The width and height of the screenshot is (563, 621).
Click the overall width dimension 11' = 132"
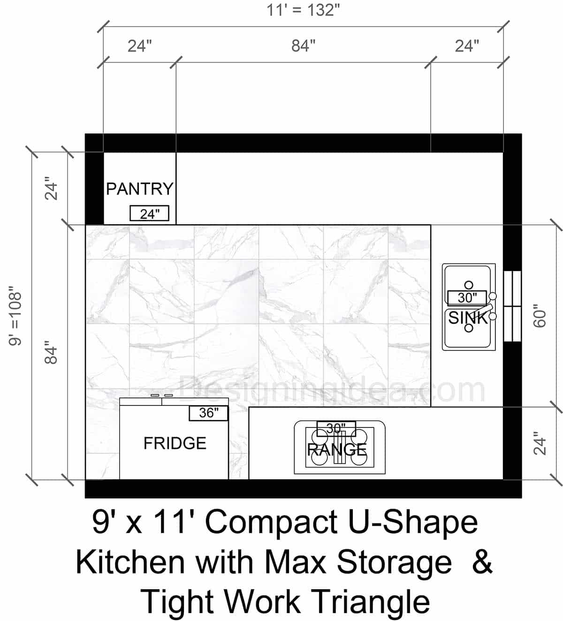pyautogui.click(x=303, y=10)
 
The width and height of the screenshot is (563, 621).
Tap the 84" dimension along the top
pyautogui.click(x=303, y=46)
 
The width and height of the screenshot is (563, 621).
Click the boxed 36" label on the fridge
pyautogui.click(x=209, y=413)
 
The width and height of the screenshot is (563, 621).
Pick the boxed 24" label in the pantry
pyautogui.click(x=149, y=214)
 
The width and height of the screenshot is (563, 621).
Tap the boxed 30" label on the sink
pyautogui.click(x=467, y=297)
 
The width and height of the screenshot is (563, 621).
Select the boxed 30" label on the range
pyautogui.click(x=336, y=428)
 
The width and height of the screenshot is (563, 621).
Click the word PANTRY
pyautogui.click(x=139, y=189)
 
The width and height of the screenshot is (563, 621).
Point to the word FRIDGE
pyautogui.click(x=175, y=443)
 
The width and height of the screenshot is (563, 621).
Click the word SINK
pyautogui.click(x=468, y=318)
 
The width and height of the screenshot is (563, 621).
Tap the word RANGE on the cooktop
pyautogui.click(x=337, y=450)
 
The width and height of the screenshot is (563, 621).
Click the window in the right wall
pyautogui.click(x=512, y=306)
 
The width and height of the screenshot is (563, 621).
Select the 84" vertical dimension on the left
pyautogui.click(x=51, y=355)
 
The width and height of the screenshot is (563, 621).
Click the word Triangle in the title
pyautogui.click(x=370, y=602)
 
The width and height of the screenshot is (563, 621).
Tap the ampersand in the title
pyautogui.click(x=482, y=562)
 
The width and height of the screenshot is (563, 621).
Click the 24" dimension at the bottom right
pyautogui.click(x=540, y=443)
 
